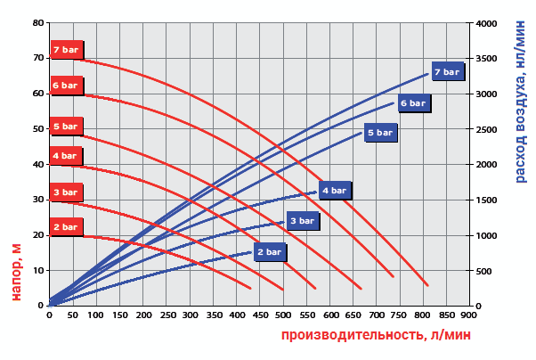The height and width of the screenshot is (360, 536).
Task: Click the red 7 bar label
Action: coord(66,50)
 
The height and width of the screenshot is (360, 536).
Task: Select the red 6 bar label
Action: coord(66,86)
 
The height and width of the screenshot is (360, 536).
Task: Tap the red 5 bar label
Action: coord(66,127)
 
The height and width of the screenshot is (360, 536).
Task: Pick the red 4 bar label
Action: coord(65,156)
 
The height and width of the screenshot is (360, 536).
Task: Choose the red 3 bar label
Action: coord(66,192)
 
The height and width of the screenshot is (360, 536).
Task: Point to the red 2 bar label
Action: coord(66,227)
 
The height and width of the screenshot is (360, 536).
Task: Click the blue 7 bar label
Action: coord(447,71)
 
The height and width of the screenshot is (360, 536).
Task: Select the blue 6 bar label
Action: coord(413,103)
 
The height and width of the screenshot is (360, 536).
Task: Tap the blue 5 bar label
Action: coord(379,132)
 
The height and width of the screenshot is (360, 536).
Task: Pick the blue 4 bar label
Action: coord(335,190)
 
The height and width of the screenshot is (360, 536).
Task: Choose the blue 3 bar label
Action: coord(302,220)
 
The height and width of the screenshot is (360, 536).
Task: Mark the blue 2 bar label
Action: coord(269,252)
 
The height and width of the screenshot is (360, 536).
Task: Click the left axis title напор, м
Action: coord(16,271)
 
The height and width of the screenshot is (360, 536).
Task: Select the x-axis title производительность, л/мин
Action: coord(376,335)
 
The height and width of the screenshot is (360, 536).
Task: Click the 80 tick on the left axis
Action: coord(38,23)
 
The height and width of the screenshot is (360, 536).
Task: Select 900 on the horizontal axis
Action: coord(469,315)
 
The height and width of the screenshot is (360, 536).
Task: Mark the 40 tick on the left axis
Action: coord(38,164)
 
